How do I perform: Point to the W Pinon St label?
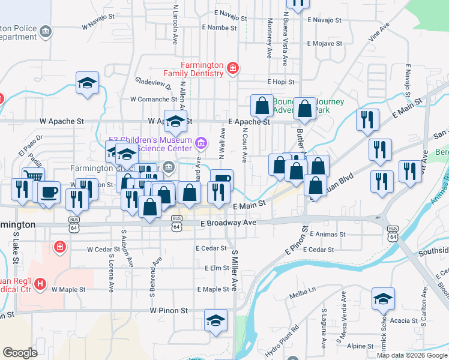169,311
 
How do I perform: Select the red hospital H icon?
40,284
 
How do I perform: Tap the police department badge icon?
45,31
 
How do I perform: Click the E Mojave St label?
324,44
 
